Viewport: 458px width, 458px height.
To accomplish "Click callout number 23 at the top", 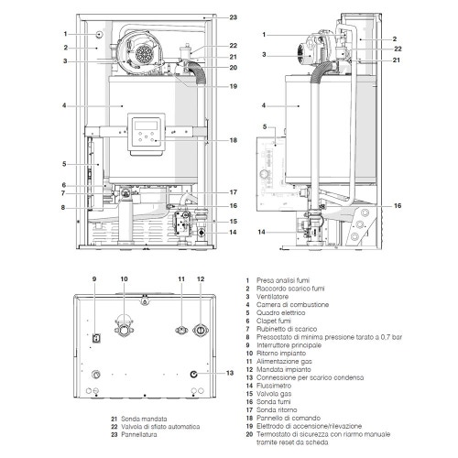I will click(x=233, y=17).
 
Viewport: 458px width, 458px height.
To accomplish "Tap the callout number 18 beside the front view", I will click(x=233, y=140).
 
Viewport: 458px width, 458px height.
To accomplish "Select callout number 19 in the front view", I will click(x=233, y=86).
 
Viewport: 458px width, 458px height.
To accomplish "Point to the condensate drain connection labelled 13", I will click(x=194, y=374).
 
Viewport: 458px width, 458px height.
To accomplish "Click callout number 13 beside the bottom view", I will click(x=229, y=373).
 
